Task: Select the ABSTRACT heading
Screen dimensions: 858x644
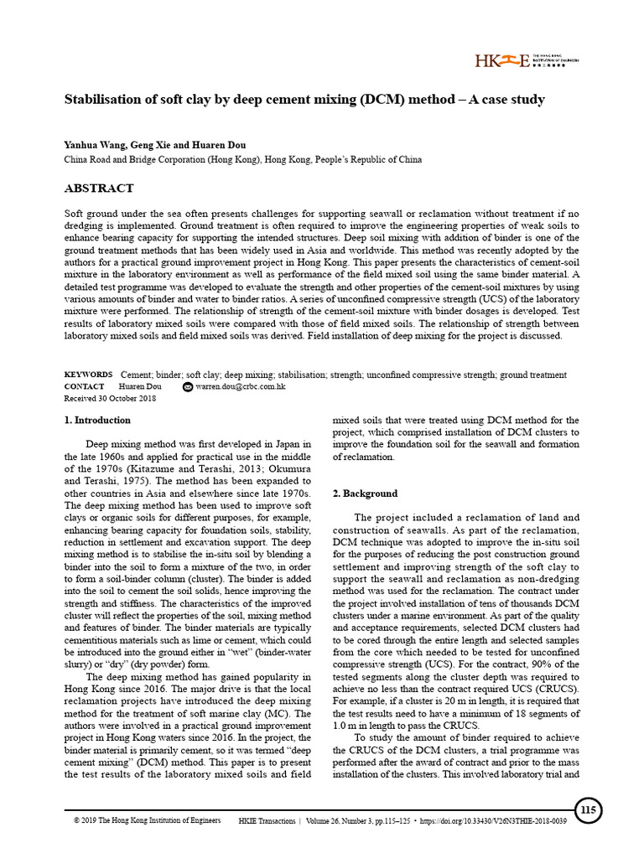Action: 99,189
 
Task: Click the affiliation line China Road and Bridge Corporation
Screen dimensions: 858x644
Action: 243,159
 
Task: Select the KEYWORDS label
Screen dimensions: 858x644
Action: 88,375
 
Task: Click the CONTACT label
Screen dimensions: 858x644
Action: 85,386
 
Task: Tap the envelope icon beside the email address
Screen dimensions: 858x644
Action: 188,387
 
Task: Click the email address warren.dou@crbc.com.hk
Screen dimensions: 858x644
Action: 241,387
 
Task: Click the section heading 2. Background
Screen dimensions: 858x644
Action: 365,494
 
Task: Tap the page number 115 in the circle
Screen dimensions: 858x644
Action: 588,810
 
